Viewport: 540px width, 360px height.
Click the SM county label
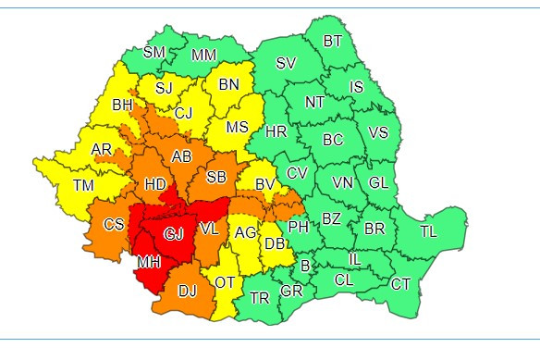tap(154, 52)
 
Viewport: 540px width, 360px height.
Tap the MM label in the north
tap(203, 55)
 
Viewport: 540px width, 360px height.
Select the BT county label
tap(332, 41)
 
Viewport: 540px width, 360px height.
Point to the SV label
tap(287, 64)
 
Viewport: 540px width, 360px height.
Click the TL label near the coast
tap(428, 231)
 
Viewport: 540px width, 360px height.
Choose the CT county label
tap(400, 283)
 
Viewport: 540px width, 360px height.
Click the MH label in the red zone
tap(149, 264)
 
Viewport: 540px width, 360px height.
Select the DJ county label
tap(188, 292)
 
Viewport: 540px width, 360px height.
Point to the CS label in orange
tap(114, 225)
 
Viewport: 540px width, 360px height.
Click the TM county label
tap(83, 187)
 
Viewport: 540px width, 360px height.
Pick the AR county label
tap(101, 148)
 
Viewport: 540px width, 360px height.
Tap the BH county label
tap(122, 106)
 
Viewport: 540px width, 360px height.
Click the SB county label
tap(216, 178)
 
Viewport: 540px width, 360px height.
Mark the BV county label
tap(264, 185)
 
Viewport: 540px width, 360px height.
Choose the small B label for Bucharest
tap(304, 267)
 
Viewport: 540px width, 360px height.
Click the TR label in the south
tap(260, 297)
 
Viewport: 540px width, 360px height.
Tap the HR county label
tap(276, 132)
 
